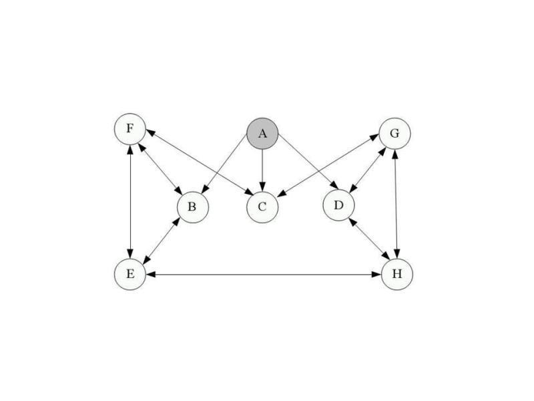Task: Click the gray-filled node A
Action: pos(262,134)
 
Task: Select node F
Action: pos(129,129)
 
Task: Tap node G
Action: pos(394,133)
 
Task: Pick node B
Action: pos(193,207)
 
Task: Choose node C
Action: pos(262,207)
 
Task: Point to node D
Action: pos(338,205)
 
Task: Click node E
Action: pos(129,274)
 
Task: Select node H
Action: pos(397,274)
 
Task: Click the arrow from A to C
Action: pos(262,170)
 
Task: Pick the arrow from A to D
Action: pos(308,161)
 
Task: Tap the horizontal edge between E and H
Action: pos(264,274)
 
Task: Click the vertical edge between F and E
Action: pos(130,202)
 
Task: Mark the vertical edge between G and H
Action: pos(396,204)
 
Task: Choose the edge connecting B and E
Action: pos(161,241)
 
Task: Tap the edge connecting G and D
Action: pos(368,170)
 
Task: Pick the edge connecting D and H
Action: pos(370,239)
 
